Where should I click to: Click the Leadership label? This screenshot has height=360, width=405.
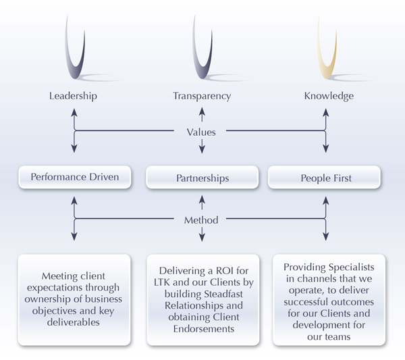pyautogui.click(x=73, y=96)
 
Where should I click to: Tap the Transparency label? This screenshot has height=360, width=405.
pyautogui.click(x=202, y=96)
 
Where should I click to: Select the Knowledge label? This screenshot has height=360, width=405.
pyautogui.click(x=327, y=96)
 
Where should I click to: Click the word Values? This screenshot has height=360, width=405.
pyautogui.click(x=201, y=132)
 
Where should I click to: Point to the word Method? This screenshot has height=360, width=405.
pyautogui.click(x=201, y=220)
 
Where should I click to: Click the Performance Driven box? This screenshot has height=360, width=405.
pyautogui.click(x=74, y=178)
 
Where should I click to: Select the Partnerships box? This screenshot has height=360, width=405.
pyautogui.click(x=202, y=178)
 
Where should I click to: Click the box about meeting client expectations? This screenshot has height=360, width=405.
pyautogui.click(x=74, y=299)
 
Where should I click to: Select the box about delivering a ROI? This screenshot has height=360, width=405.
pyautogui.click(x=202, y=299)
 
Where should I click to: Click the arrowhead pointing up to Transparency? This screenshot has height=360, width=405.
pyautogui.click(x=201, y=118)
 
